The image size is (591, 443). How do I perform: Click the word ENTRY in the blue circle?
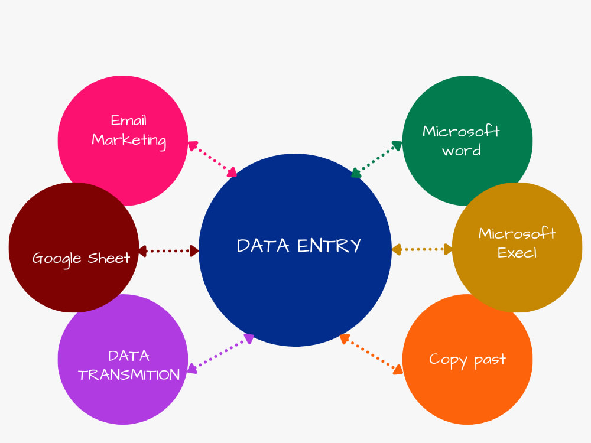(x=329, y=246)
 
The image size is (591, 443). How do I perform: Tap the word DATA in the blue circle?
(x=263, y=246)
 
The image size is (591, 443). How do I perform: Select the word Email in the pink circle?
(x=128, y=120)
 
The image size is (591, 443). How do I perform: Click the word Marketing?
(x=129, y=141)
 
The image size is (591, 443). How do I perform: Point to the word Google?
(x=57, y=259)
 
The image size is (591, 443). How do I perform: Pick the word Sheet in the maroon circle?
(x=109, y=258)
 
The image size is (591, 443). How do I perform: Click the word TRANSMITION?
(x=129, y=375)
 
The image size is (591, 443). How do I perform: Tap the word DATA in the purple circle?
(x=129, y=356)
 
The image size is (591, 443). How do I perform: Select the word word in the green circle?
(x=462, y=151)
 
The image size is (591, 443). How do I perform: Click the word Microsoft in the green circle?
(x=461, y=131)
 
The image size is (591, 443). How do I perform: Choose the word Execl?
(x=517, y=252)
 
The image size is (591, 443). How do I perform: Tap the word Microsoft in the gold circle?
(x=517, y=233)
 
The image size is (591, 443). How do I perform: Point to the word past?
(x=490, y=360)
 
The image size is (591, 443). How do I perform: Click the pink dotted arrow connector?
(x=212, y=159)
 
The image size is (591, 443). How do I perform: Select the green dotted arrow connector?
(x=376, y=159)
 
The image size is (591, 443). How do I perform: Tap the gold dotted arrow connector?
(x=422, y=249)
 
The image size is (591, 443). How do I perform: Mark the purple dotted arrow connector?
(x=220, y=354)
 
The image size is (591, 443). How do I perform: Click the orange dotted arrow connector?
(x=371, y=354)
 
